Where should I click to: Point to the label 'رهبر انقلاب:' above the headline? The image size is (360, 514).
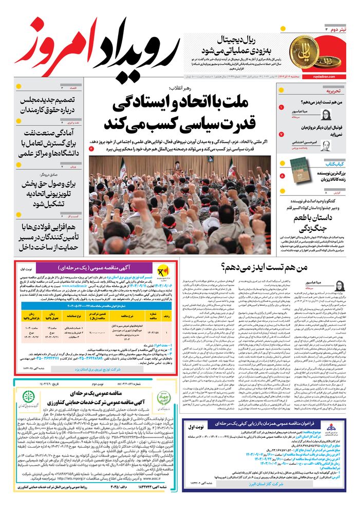click(183, 88)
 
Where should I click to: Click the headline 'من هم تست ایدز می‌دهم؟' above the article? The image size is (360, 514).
click(265, 268)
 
